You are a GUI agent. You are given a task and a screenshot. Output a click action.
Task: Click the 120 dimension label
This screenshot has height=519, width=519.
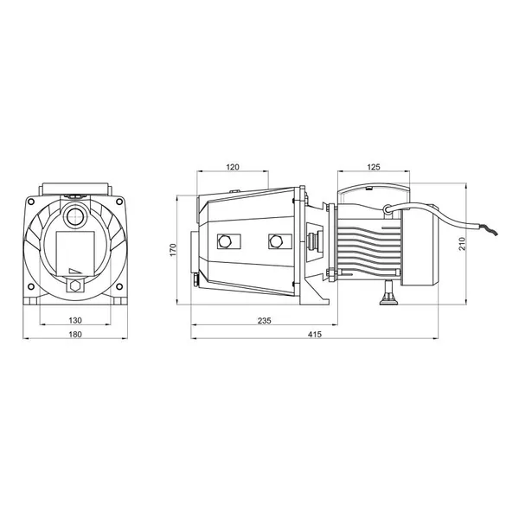(x=233, y=167)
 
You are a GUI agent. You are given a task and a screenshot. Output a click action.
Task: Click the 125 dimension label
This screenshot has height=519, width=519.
(x=374, y=167)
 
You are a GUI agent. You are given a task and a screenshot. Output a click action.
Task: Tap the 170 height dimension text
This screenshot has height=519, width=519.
(x=173, y=250)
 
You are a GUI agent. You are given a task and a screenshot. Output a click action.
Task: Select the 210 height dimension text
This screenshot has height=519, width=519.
(x=462, y=244)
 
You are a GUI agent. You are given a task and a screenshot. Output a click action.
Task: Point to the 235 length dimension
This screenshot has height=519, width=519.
(x=264, y=320)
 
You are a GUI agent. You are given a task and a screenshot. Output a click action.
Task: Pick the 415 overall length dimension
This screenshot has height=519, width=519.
(x=315, y=334)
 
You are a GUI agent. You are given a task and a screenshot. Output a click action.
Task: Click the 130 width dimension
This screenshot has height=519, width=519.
(x=75, y=320)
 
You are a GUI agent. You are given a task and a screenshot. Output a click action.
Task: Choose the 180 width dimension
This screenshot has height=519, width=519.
(x=75, y=334)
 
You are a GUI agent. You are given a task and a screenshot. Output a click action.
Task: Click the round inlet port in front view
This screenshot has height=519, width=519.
(x=75, y=217)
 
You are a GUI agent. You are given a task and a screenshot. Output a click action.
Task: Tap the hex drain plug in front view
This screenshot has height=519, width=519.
(x=75, y=285)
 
